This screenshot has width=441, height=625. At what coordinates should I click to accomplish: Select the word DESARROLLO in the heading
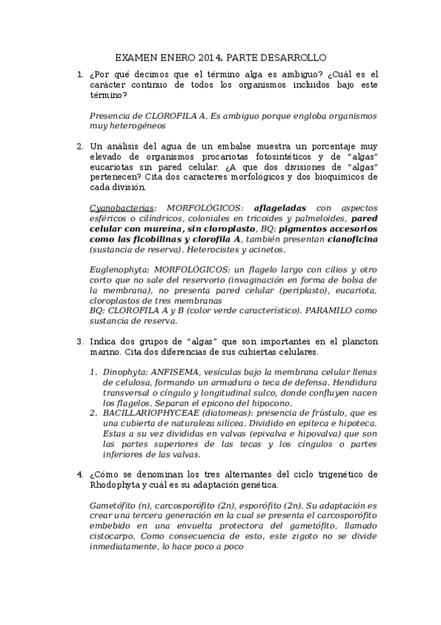click(292, 57)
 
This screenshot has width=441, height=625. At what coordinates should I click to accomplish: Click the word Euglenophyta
click(120, 271)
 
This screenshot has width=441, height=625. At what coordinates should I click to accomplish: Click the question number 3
click(80, 342)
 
